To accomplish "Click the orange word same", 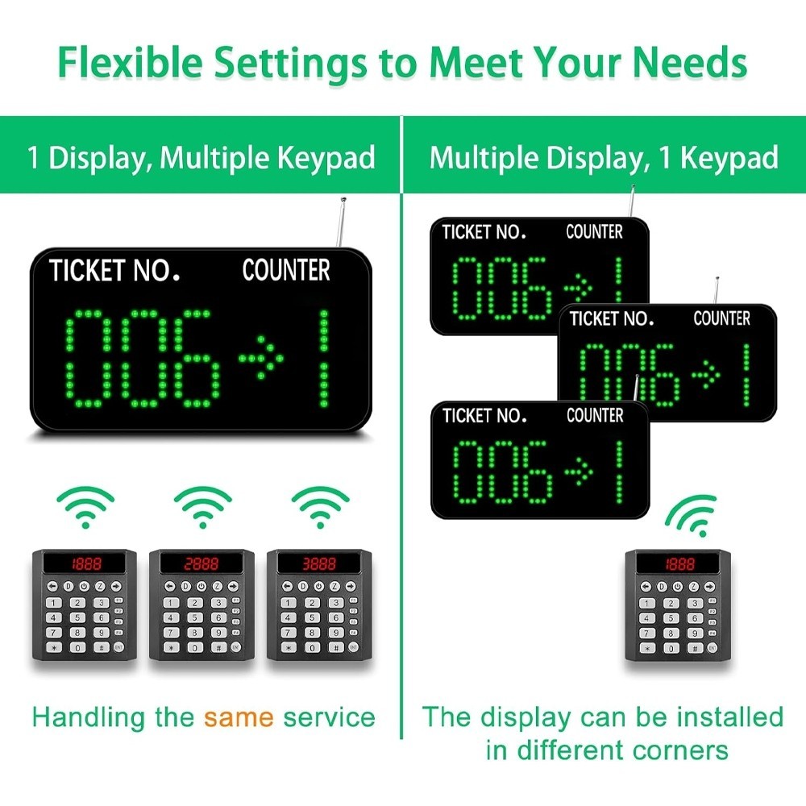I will click(239, 717).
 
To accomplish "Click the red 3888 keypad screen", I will click(319, 563).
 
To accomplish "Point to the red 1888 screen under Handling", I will click(83, 563).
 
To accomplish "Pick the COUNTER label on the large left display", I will click(286, 271).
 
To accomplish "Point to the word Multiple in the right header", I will click(487, 157).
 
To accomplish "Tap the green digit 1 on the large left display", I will click(323, 356).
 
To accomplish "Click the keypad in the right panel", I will click(678, 607).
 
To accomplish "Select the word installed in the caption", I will click(729, 717).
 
